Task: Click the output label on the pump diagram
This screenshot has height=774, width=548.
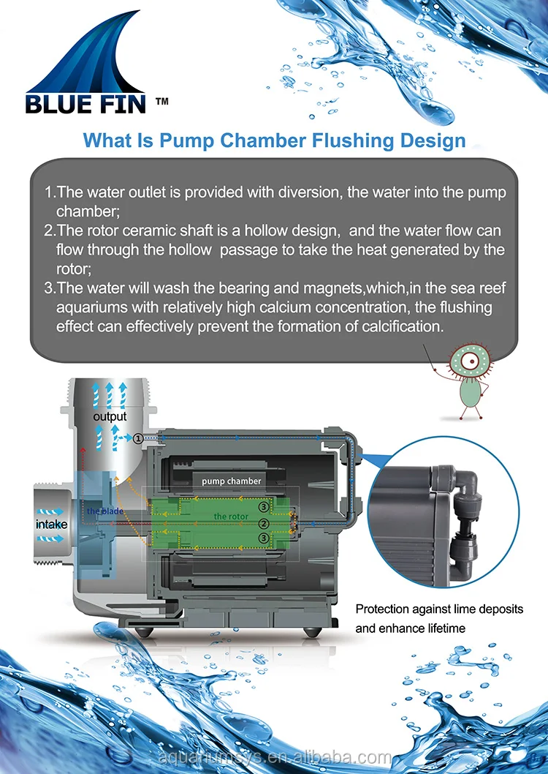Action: pyautogui.click(x=110, y=416)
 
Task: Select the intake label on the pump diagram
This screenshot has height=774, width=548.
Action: pyautogui.click(x=52, y=524)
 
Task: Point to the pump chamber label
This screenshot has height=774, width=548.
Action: pyautogui.click(x=232, y=481)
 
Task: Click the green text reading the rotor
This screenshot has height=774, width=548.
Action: pyautogui.click(x=231, y=516)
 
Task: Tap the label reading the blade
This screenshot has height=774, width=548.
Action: pyautogui.click(x=105, y=511)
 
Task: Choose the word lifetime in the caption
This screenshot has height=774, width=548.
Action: pyautogui.click(x=441, y=628)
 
